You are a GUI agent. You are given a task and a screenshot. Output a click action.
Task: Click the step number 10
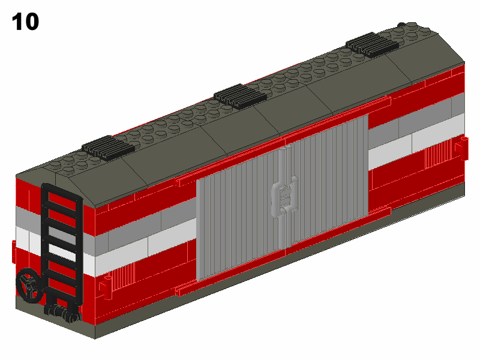[x=25, y=22]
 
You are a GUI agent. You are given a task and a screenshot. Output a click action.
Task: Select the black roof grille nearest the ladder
[x=108, y=148]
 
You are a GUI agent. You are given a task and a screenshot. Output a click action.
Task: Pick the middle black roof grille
[x=241, y=96]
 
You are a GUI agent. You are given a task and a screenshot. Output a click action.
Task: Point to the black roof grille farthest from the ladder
[x=372, y=44]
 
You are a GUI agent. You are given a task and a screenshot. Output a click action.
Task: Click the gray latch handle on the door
[x=284, y=196]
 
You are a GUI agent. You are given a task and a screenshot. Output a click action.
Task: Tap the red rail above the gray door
[x=283, y=140]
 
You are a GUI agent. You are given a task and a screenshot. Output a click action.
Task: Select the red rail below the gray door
[x=283, y=251]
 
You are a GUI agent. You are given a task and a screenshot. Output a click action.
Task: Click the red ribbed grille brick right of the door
[x=439, y=155]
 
